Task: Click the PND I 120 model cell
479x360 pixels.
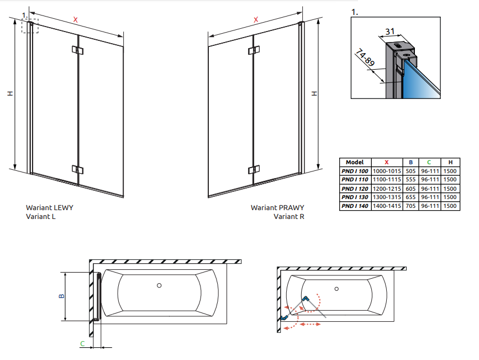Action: pos(354,188)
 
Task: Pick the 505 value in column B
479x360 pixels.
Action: pos(410,171)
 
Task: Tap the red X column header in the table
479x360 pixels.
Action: pos(387,162)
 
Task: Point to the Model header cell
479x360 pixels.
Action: pos(354,162)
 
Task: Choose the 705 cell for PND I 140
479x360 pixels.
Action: pos(410,206)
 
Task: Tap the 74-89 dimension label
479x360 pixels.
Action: pos(365,58)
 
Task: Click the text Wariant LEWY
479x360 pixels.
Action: pos(49,208)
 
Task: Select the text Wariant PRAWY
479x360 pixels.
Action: pos(277,208)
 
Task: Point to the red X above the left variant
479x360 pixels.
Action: pos(76,20)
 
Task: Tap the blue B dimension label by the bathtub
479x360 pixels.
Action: pos(61,296)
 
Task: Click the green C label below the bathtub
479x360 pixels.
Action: pos(82,344)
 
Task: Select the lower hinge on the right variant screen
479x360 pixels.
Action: pos(254,169)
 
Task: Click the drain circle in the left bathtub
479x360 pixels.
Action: pos(159,286)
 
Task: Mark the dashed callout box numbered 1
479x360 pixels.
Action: pos(30,25)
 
